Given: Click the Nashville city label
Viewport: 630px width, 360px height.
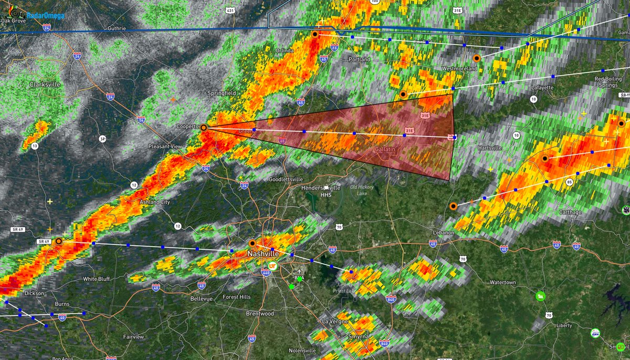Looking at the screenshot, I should [x=263, y=254].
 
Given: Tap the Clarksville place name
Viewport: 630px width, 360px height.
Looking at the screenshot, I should [x=45, y=84].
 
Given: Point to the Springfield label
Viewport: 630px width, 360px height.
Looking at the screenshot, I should [x=223, y=93].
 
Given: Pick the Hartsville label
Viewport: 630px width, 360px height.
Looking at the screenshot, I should [x=490, y=149].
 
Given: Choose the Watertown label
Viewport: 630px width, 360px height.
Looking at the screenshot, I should [x=502, y=282].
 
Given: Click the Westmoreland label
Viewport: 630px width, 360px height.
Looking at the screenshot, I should [x=459, y=69].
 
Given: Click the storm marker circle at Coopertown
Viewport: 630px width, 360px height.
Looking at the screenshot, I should [x=204, y=128].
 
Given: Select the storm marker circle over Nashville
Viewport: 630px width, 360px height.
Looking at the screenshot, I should [x=252, y=243].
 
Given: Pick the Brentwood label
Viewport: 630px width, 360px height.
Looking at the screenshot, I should [x=260, y=313].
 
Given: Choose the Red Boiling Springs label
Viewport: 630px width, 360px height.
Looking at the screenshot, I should [x=608, y=82].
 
